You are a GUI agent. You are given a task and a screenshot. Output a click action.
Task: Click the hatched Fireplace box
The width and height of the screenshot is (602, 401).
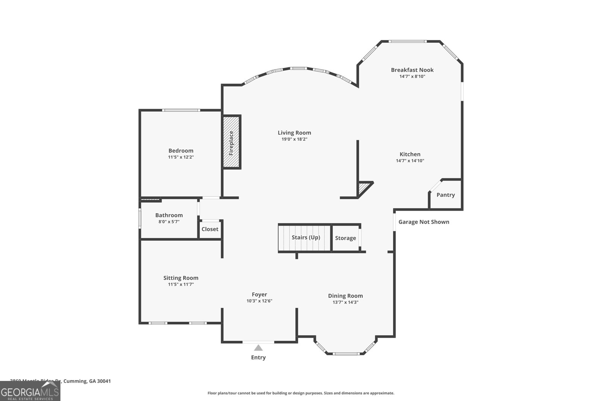(x=231, y=142)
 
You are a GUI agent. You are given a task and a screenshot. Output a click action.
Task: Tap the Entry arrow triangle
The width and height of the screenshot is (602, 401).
(x=258, y=348)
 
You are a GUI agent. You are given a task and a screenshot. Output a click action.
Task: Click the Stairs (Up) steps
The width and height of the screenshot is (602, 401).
(x=305, y=238)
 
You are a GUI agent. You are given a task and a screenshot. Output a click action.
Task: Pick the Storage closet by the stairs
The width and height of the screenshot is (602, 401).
(x=345, y=238)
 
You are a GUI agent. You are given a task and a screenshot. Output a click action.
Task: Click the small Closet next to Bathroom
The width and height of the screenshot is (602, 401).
(x=210, y=229)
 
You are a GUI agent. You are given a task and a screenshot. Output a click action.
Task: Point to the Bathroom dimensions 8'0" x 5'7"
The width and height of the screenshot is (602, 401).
(x=169, y=222)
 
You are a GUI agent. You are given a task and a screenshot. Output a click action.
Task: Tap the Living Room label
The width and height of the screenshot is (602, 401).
(x=294, y=133)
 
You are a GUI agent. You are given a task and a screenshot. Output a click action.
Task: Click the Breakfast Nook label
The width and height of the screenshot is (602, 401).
(x=412, y=70)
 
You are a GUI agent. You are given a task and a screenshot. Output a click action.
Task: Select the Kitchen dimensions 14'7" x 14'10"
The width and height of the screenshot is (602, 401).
(x=410, y=160)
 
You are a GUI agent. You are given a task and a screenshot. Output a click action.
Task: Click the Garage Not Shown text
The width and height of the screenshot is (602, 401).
(x=424, y=222)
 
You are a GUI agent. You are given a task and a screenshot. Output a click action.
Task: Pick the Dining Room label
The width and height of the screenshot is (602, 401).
(x=345, y=296)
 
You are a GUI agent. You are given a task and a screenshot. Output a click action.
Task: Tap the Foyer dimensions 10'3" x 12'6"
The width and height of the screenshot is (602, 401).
(x=259, y=301)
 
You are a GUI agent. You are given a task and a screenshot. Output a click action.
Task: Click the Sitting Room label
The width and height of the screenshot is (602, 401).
(x=181, y=278)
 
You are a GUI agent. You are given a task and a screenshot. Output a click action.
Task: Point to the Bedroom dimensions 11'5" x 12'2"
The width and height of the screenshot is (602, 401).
(x=181, y=157)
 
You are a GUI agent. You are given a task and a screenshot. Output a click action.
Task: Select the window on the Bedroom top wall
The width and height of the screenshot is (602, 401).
(x=181, y=110)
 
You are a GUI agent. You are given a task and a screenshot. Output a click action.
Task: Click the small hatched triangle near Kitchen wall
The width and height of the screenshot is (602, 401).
(x=363, y=188)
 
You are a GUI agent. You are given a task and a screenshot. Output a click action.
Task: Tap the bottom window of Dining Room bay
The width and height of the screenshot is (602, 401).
(x=346, y=353)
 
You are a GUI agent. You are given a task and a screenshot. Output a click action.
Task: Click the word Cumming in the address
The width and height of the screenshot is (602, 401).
(x=75, y=381)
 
